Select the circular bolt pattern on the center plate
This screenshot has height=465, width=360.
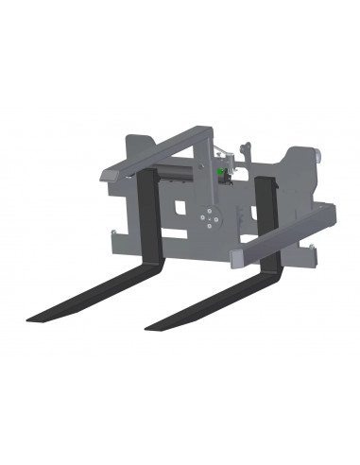pyautogui.click(x=210, y=219)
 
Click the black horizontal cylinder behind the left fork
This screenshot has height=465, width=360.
pyautogui.click(x=176, y=171)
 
